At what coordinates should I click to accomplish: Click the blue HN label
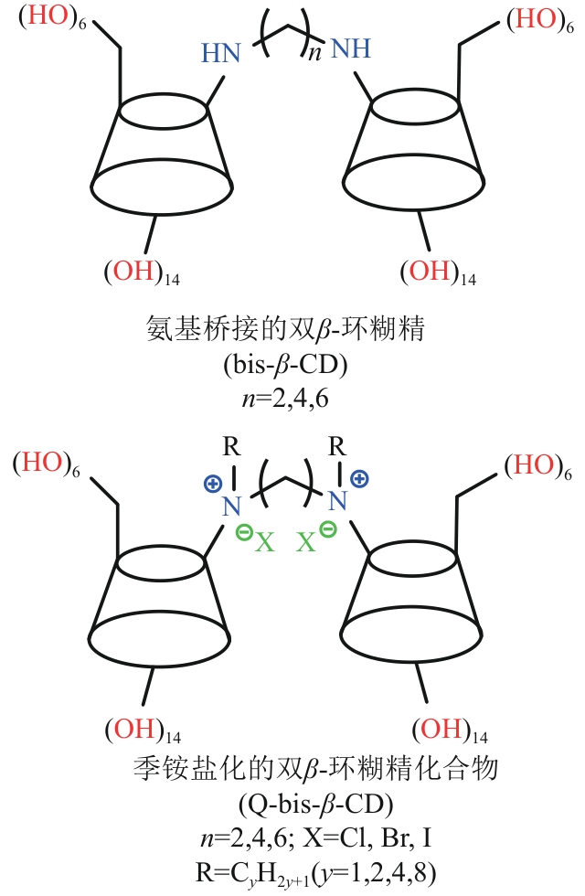[221, 54]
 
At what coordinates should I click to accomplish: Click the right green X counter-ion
[307, 543]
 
